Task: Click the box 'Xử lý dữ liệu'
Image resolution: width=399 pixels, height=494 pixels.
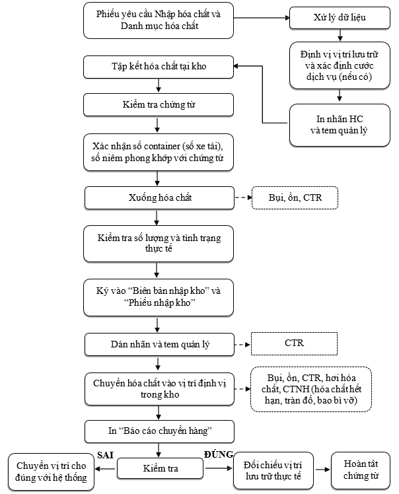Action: click(x=340, y=18)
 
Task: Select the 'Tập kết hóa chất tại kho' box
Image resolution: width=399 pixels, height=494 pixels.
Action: click(x=159, y=67)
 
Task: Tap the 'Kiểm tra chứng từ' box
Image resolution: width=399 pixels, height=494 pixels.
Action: click(x=159, y=104)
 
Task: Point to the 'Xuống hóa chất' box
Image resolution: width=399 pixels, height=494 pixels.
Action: click(x=159, y=198)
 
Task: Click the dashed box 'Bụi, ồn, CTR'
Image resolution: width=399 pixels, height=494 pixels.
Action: click(x=295, y=198)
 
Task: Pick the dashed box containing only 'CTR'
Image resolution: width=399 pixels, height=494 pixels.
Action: click(x=294, y=343)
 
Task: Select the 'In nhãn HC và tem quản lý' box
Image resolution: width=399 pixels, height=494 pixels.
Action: click(x=340, y=125)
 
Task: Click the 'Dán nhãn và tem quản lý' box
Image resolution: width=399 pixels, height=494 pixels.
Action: click(x=159, y=344)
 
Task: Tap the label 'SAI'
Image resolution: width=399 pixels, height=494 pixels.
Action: click(x=105, y=455)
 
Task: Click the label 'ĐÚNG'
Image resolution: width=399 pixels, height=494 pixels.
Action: click(x=219, y=454)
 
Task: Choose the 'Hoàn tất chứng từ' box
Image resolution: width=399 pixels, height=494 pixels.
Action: click(x=361, y=470)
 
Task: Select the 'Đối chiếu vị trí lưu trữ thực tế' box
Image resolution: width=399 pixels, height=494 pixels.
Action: click(x=273, y=470)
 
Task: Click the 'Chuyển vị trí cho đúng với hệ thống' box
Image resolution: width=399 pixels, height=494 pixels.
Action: click(x=51, y=472)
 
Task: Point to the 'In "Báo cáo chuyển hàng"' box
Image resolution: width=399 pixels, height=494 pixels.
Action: click(x=159, y=431)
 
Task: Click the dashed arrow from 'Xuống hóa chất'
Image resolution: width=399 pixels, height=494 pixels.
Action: click(x=244, y=197)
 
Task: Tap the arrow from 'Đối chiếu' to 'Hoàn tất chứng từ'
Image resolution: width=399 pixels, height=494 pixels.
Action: click(x=322, y=470)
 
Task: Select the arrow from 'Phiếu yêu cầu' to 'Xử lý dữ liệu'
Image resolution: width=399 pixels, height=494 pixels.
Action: click(x=262, y=18)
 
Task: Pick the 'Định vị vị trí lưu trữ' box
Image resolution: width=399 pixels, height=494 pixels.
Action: click(x=340, y=65)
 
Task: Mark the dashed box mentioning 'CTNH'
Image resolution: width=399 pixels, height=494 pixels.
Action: click(x=311, y=389)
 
